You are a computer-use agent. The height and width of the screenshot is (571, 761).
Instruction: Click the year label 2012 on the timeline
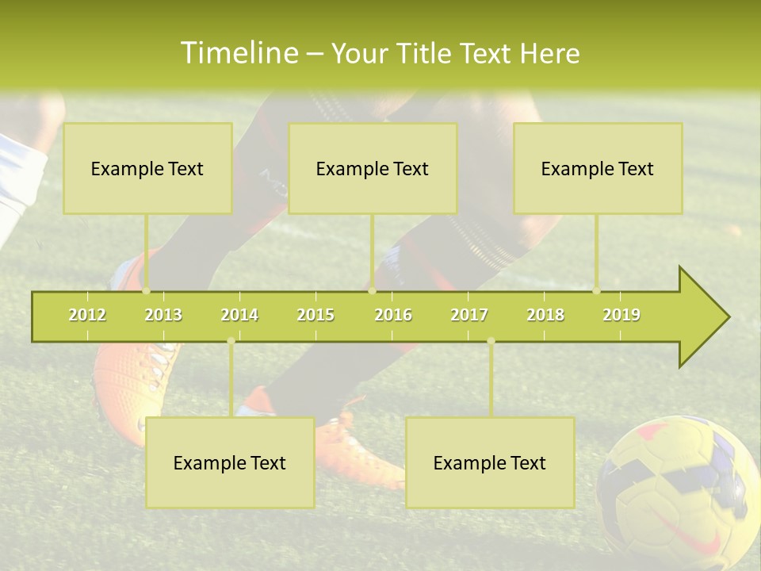click(87, 315)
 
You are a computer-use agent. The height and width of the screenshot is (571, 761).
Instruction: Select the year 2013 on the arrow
click(163, 315)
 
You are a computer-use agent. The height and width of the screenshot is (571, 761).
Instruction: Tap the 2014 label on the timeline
click(239, 315)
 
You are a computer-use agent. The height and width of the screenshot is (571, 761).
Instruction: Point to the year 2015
click(315, 315)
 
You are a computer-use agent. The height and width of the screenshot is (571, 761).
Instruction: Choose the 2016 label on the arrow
click(393, 315)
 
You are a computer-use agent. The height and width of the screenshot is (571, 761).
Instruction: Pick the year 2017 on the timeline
click(469, 315)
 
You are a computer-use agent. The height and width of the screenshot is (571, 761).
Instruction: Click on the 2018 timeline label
click(545, 315)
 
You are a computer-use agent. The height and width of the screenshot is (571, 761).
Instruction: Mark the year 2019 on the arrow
click(621, 315)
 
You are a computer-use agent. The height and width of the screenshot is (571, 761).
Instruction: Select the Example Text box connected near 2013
click(147, 168)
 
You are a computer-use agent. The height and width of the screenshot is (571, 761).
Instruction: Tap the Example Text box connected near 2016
click(373, 168)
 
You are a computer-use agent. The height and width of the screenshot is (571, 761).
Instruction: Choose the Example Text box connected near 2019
click(598, 168)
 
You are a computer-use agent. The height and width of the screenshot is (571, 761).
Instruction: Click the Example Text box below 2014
click(230, 462)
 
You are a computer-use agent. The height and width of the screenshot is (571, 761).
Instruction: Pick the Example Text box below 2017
click(490, 462)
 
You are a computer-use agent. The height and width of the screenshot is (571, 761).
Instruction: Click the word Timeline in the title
click(238, 53)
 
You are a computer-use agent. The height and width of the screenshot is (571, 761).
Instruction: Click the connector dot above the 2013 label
click(146, 290)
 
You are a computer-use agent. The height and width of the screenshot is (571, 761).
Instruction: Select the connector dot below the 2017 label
click(491, 341)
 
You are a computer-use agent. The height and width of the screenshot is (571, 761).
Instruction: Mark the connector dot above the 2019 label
click(596, 290)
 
